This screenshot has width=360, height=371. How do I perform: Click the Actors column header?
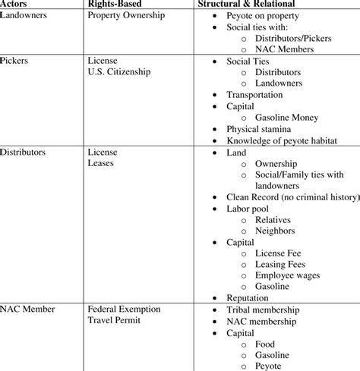pos(15,4)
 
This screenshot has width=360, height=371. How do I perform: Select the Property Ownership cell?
pos(126,15)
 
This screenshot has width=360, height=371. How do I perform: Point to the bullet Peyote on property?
pos(267,15)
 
